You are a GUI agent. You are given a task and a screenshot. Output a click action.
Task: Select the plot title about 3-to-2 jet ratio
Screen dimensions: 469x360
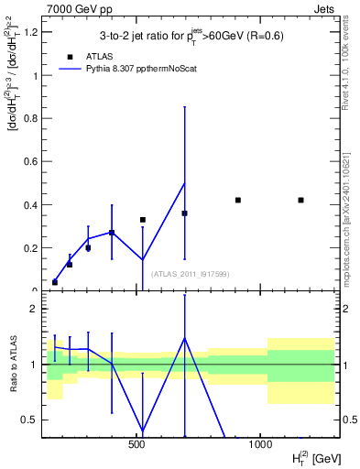click(x=191, y=36)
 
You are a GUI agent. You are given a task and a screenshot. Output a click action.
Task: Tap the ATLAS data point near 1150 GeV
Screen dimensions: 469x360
click(x=300, y=200)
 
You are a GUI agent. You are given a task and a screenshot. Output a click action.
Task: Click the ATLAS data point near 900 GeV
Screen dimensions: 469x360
click(x=237, y=200)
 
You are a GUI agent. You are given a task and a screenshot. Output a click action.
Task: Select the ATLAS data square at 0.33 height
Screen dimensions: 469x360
click(x=143, y=220)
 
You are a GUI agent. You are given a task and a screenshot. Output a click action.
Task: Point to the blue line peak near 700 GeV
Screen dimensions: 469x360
click(x=184, y=183)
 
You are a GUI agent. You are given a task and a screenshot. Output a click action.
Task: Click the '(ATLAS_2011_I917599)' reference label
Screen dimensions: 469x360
click(x=190, y=274)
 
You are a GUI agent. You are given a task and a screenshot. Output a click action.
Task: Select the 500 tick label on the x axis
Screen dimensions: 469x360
click(x=137, y=445)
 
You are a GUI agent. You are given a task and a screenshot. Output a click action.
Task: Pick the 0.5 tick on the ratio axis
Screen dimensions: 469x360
click(x=29, y=420)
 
